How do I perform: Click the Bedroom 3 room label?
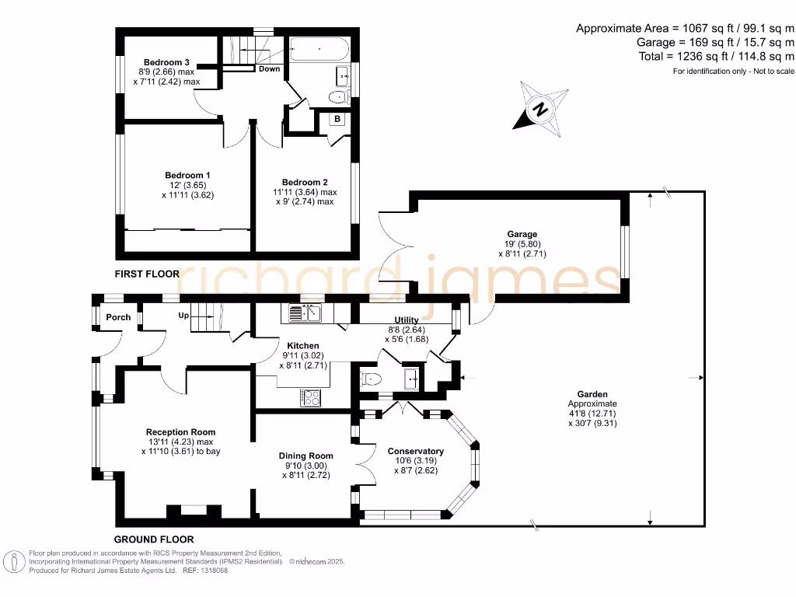click(x=166, y=62)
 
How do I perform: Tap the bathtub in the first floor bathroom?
click(x=319, y=49)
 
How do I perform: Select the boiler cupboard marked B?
click(x=337, y=119)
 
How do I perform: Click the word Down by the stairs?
click(x=270, y=69)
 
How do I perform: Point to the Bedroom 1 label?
click(x=187, y=176)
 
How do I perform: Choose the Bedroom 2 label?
click(x=305, y=182)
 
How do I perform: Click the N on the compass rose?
click(x=540, y=109)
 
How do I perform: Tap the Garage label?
click(x=522, y=234)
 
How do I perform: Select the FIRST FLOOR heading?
click(x=147, y=274)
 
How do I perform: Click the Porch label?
click(x=118, y=317)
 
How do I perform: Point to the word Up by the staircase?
click(x=183, y=316)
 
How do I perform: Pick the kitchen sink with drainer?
click(x=305, y=313)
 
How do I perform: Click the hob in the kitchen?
click(x=310, y=397)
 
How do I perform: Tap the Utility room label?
click(x=407, y=320)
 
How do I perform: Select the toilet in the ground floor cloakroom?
click(x=371, y=379)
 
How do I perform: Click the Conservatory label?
click(x=416, y=452)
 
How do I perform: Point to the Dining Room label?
click(x=306, y=456)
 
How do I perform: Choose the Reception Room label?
click(x=180, y=432)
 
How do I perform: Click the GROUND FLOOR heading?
click(x=154, y=539)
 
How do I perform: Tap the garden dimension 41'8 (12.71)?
click(x=592, y=414)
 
